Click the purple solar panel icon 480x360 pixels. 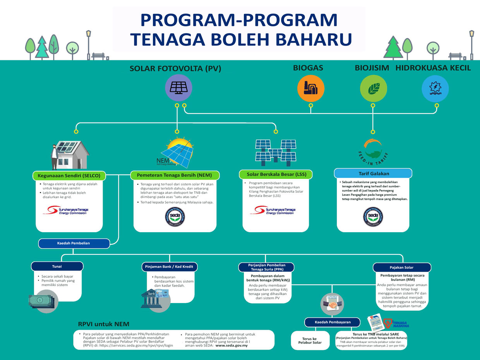point(177,88)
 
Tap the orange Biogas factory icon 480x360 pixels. point(310,88)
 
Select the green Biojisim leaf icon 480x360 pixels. point(373,88)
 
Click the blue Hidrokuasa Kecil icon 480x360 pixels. point(435,88)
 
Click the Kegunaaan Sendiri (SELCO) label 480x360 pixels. point(69,176)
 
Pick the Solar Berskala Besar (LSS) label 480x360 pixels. point(276,174)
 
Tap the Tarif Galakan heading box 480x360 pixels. point(373,173)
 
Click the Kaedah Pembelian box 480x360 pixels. point(74,243)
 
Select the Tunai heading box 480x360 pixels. point(57,266)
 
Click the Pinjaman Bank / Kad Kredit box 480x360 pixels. point(170,267)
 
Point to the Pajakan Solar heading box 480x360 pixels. point(402,267)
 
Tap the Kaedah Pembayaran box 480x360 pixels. point(333,322)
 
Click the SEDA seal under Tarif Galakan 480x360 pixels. point(373,217)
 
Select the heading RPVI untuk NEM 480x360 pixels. point(104,324)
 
